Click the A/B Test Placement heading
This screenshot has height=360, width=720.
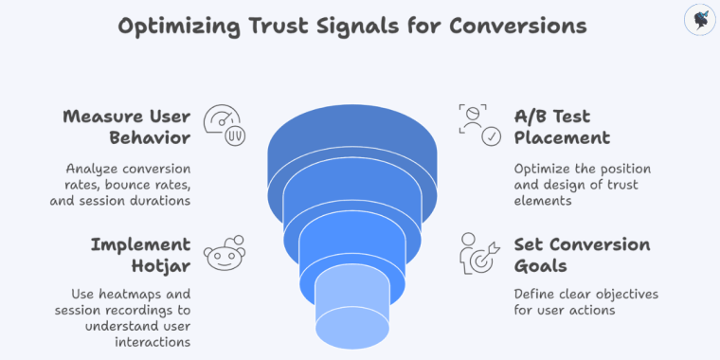pyautogui.click(x=562, y=127)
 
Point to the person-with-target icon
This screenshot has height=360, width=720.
pyautogui.click(x=478, y=253)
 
